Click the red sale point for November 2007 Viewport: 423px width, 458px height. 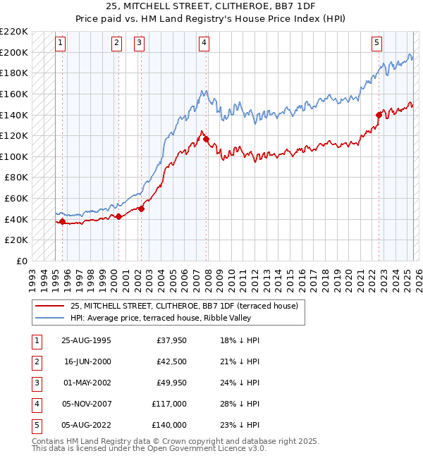[207, 140]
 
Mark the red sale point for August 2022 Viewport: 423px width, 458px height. [379, 115]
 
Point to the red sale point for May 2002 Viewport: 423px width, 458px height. [142, 209]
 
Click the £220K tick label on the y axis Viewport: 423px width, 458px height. [14, 32]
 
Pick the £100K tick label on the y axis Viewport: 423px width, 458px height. [14, 156]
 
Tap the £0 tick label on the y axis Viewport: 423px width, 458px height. [22, 261]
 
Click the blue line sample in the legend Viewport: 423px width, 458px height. [49, 318]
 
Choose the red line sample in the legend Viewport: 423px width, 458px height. [49, 306]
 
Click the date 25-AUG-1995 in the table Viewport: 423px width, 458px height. [87, 340]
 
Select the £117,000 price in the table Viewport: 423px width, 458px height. [169, 404]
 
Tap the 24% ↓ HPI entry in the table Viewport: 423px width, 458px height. [239, 383]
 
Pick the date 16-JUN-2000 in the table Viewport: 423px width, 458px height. [87, 361]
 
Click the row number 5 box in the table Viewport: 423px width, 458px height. [37, 425]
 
